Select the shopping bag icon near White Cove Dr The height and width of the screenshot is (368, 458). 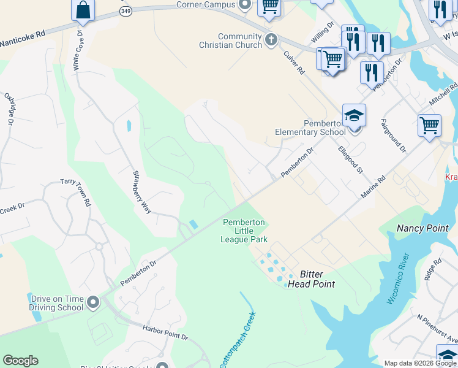click(x=83, y=10)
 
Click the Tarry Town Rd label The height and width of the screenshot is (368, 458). click(x=75, y=192)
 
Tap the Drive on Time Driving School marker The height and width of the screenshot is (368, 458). click(x=92, y=302)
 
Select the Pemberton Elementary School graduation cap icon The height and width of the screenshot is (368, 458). click(x=354, y=115)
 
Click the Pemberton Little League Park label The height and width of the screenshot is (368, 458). click(x=244, y=231)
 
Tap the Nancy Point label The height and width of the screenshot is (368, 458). click(x=422, y=228)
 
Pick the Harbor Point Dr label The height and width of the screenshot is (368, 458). click(x=165, y=333)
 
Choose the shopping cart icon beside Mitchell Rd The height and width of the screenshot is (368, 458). click(x=429, y=125)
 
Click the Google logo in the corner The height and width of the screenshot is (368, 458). click(x=20, y=361)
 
